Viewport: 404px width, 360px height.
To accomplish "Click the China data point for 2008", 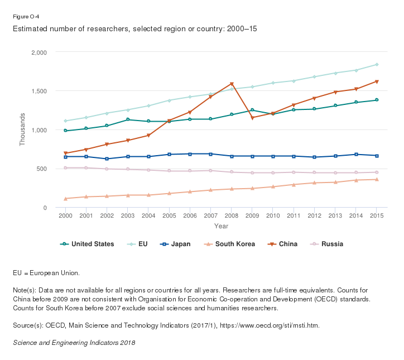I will (232, 84).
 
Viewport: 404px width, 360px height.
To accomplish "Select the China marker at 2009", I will (252, 118).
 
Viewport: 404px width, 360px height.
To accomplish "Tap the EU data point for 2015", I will (377, 65).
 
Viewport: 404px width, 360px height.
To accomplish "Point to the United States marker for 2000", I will (66, 131).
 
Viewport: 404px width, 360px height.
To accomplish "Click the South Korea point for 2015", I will (377, 179).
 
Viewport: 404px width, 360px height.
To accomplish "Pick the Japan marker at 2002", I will (107, 159).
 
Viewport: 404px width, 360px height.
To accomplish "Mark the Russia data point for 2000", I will (66, 167).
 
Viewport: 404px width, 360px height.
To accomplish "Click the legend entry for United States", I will (88, 244).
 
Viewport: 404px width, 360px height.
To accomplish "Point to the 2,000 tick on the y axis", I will (39, 52).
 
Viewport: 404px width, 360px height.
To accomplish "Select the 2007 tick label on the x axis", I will (210, 215).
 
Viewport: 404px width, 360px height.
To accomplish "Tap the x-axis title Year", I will (221, 226).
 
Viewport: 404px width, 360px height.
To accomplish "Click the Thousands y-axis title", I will (22, 129).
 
